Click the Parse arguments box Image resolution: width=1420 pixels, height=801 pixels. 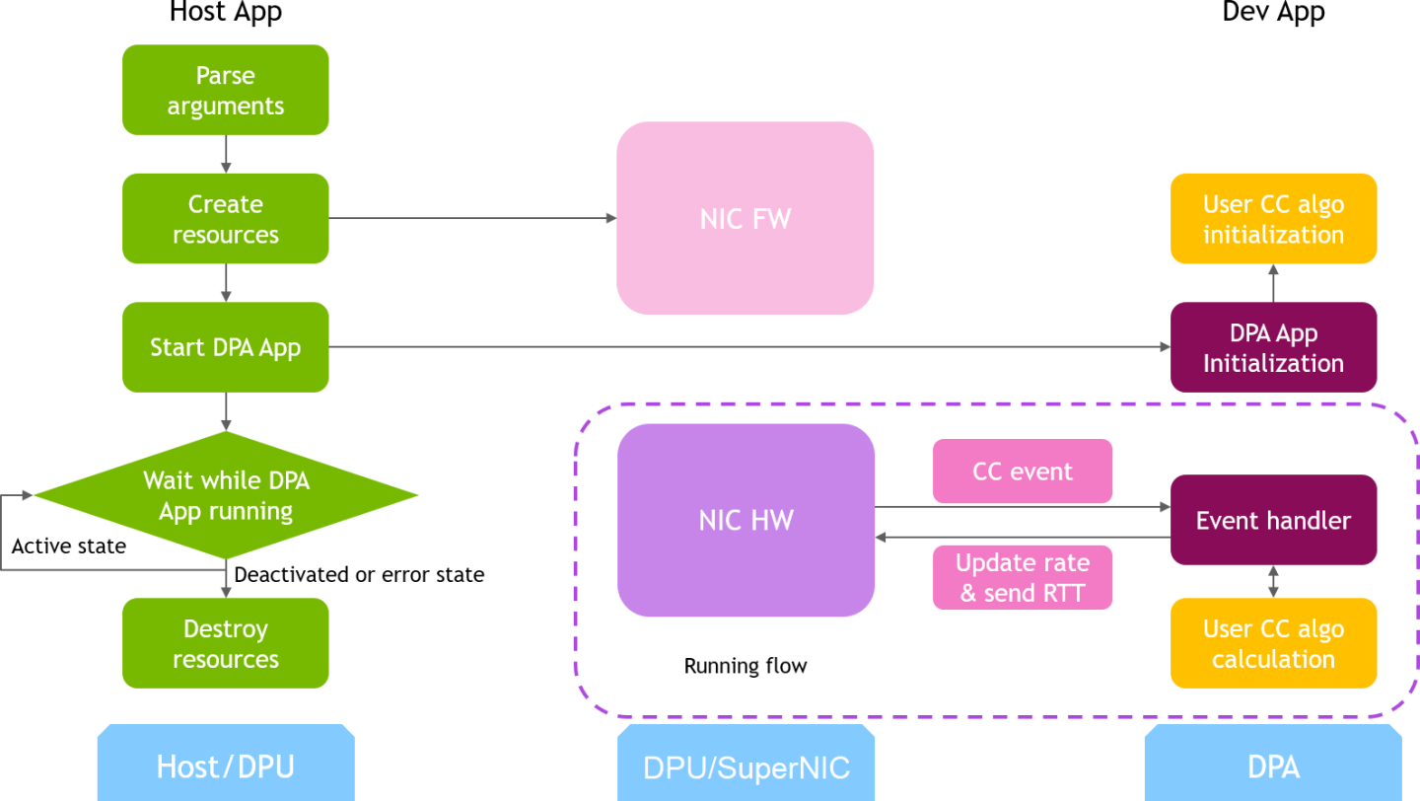225,90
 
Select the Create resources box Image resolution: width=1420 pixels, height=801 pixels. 225,219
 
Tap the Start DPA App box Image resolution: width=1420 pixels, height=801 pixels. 225,347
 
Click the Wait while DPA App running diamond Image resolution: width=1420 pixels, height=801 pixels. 225,496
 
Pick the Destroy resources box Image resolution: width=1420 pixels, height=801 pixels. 225,643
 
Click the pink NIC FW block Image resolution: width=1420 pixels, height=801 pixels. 745,218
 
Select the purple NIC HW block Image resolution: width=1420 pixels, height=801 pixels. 745,520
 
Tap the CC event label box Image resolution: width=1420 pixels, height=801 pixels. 1022,472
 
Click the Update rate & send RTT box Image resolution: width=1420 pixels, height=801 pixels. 1022,577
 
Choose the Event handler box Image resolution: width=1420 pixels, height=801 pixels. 1272,520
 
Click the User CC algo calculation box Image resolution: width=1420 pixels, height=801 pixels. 1272,643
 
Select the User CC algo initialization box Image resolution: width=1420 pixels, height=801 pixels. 1272,219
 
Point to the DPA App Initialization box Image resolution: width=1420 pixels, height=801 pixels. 1272,347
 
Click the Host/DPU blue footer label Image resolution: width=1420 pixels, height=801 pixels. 225,766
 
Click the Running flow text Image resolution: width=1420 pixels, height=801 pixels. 745,666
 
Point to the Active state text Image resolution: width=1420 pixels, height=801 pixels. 68,546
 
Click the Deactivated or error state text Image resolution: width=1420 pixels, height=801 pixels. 359,574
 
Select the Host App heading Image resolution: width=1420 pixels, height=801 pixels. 225,12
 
